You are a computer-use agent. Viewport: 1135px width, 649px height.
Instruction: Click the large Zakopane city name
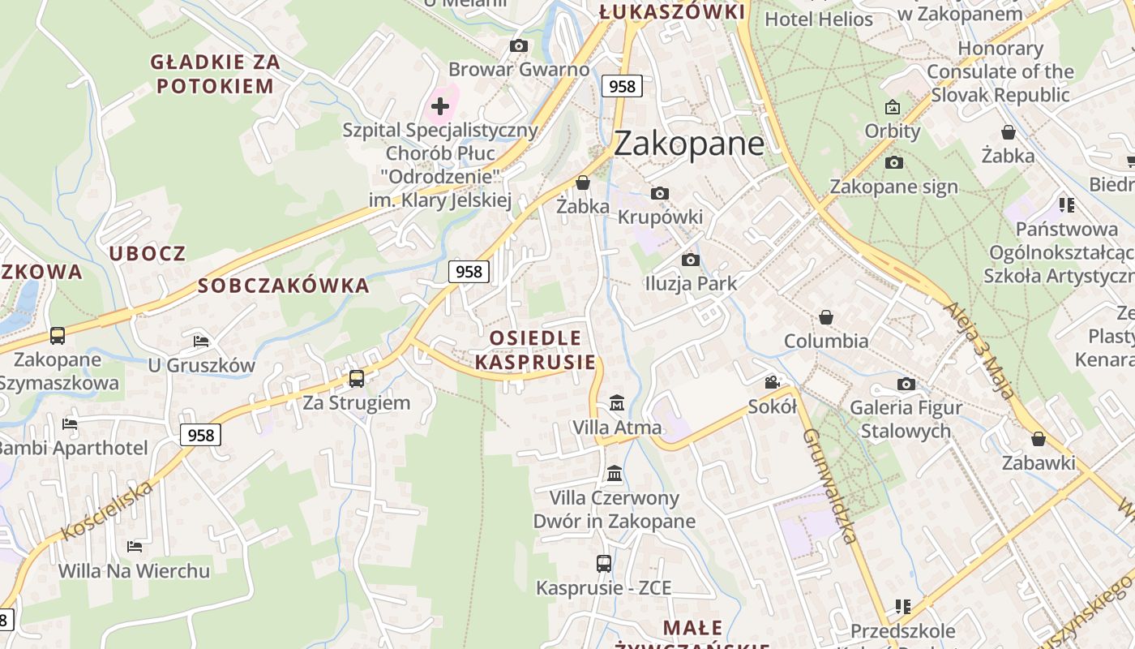point(688,144)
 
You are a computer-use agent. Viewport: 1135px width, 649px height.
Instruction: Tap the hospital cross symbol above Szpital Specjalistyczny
point(440,106)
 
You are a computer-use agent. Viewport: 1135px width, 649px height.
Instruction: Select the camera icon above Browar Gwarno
point(519,46)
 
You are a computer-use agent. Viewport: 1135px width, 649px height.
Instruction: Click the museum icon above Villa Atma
point(617,402)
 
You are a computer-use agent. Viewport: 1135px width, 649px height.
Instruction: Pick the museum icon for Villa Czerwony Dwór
point(615,473)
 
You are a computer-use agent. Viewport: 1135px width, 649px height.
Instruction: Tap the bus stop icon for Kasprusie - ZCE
point(604,563)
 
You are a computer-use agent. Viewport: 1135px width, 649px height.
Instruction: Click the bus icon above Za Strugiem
point(357,378)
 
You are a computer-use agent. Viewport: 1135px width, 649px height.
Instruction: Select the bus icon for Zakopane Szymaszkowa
point(57,335)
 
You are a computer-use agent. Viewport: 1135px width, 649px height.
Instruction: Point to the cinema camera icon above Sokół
point(772,382)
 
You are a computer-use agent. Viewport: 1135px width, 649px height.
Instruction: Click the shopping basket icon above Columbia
point(826,316)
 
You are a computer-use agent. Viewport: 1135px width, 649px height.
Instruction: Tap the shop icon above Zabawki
point(1039,439)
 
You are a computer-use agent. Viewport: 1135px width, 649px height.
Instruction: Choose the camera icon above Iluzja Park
point(691,260)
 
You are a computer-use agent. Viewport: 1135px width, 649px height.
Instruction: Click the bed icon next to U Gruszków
point(201,341)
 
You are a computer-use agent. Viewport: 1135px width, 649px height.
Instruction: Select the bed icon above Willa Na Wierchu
point(135,547)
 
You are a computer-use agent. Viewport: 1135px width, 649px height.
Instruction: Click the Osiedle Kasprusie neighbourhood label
point(535,350)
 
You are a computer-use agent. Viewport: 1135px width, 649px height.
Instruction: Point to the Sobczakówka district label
point(284,286)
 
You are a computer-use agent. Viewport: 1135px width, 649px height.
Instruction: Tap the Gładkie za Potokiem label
point(216,73)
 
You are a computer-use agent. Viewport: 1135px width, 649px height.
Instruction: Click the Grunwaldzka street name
point(829,486)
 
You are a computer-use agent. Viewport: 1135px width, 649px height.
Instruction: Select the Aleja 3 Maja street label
point(979,350)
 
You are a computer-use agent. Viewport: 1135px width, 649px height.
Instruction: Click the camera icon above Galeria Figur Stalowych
point(906,384)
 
